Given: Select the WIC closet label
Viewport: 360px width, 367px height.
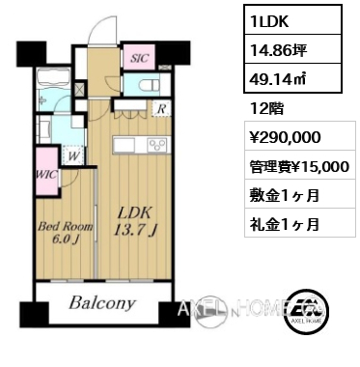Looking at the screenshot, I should tap(45, 174).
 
